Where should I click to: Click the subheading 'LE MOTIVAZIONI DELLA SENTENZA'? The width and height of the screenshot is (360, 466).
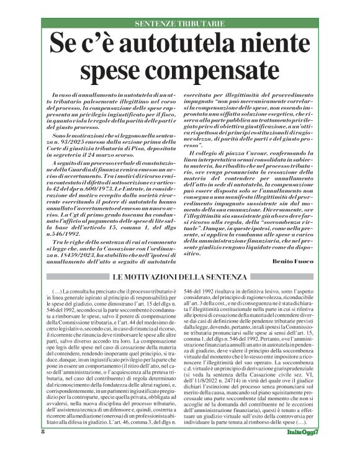coord(179,277)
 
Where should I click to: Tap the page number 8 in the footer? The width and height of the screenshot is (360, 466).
coord(43,449)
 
